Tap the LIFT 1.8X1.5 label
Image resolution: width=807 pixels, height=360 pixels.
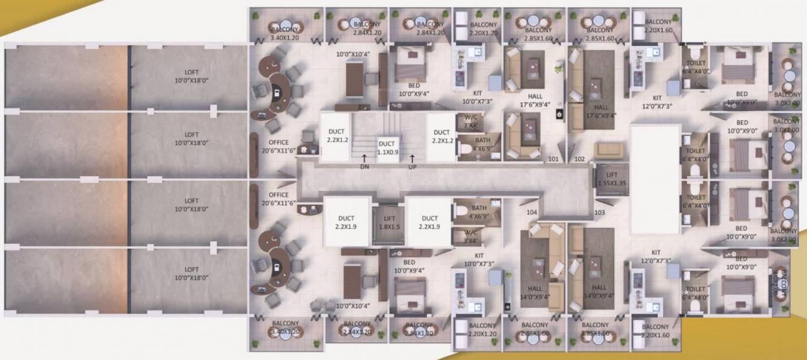tap(385, 222)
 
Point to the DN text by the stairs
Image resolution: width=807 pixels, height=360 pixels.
tap(364, 167)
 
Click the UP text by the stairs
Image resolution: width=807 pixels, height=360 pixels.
tap(413, 167)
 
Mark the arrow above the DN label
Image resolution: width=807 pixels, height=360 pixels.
tap(364, 158)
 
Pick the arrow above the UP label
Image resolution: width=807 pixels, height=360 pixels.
tap(413, 158)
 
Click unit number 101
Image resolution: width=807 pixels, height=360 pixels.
tap(553, 160)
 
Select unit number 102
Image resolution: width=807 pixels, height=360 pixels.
tap(580, 160)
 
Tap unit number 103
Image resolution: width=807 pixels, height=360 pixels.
tap(600, 212)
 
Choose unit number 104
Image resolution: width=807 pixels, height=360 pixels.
tap(532, 212)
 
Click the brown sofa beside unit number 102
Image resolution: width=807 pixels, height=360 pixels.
tap(608, 150)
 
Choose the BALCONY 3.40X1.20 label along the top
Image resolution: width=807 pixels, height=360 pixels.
tap(285, 33)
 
